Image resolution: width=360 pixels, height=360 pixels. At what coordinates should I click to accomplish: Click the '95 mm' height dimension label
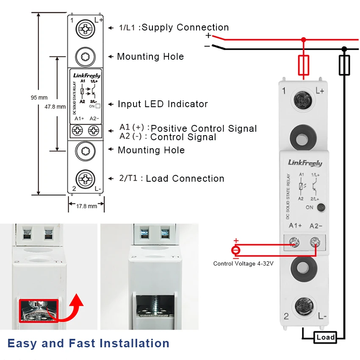coord(39,97)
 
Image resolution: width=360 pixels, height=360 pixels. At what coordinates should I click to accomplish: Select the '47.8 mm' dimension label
coord(55,107)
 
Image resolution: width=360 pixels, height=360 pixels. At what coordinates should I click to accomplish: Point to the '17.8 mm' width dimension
coord(86,206)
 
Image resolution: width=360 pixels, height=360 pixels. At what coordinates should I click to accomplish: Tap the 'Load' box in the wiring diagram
coord(326,337)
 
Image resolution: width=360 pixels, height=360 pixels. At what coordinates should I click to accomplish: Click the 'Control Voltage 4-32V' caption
coord(243,264)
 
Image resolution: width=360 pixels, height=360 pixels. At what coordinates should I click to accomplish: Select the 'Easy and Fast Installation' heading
coord(88,343)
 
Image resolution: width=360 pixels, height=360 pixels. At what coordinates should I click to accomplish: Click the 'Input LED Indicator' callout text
coord(163,104)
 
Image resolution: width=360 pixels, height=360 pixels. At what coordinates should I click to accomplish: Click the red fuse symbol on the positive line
coord(303,65)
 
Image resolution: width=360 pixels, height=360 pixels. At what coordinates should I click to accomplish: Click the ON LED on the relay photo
coord(321,208)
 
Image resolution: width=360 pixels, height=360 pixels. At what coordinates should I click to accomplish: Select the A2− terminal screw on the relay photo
coord(315,242)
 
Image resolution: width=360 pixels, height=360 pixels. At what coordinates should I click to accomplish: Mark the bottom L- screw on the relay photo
coord(304,306)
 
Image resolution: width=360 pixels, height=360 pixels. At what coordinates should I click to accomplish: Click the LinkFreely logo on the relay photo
coord(305,163)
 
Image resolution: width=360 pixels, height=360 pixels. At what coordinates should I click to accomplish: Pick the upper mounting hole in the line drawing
coord(86,56)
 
